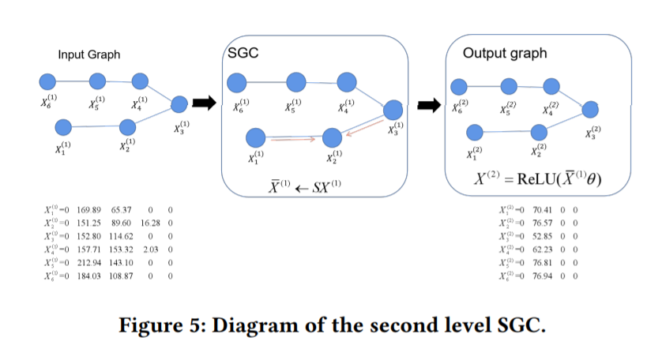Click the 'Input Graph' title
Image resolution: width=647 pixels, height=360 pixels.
point(89,54)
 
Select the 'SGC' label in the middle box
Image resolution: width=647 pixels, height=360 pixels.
point(243,53)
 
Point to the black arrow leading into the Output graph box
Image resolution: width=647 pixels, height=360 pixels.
point(429,104)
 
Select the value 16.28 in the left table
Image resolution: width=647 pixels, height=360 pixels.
point(150,223)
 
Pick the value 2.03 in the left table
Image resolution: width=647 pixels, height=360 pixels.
point(152,248)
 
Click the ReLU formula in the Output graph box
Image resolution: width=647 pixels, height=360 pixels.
point(537,178)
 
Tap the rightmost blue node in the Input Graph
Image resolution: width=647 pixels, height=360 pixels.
point(179,103)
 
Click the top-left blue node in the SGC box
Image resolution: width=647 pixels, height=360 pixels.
point(238,82)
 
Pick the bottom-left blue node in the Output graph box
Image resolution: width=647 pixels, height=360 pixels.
point(475,131)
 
